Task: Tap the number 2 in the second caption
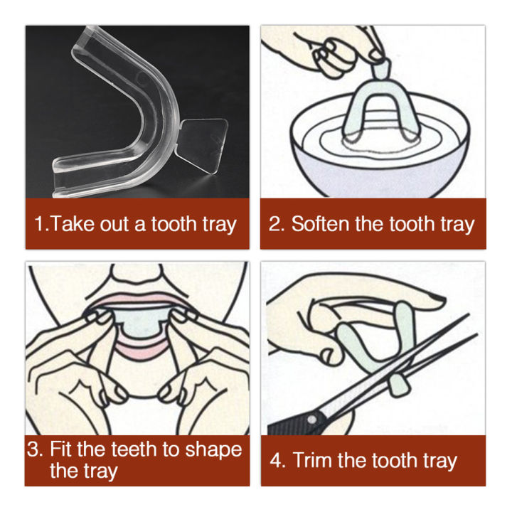coord(275,224)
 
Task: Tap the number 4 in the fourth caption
coord(277,460)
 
